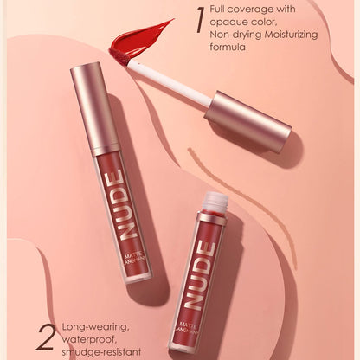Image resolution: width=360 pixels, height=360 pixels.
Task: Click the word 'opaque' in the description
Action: coord(230,23)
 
